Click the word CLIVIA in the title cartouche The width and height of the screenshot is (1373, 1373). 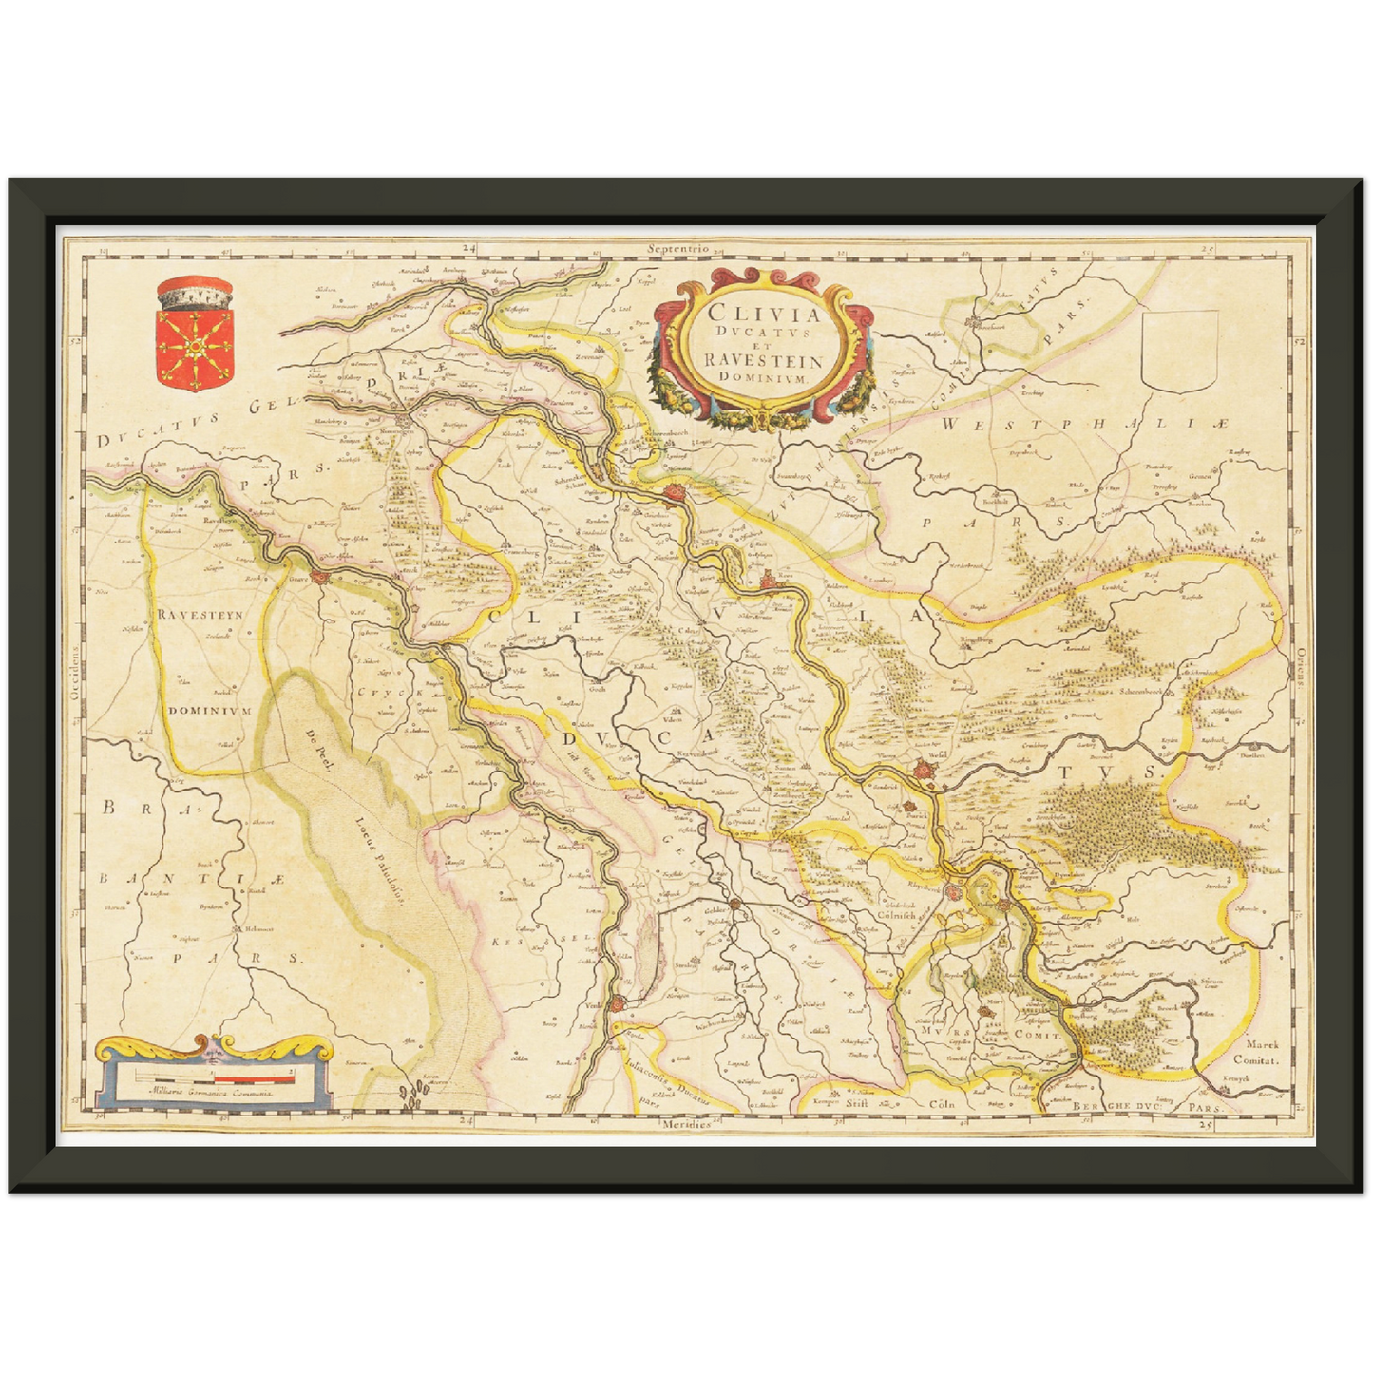tap(750, 313)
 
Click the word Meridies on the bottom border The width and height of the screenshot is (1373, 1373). tap(686, 1124)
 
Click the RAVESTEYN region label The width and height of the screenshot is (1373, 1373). tap(200, 615)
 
